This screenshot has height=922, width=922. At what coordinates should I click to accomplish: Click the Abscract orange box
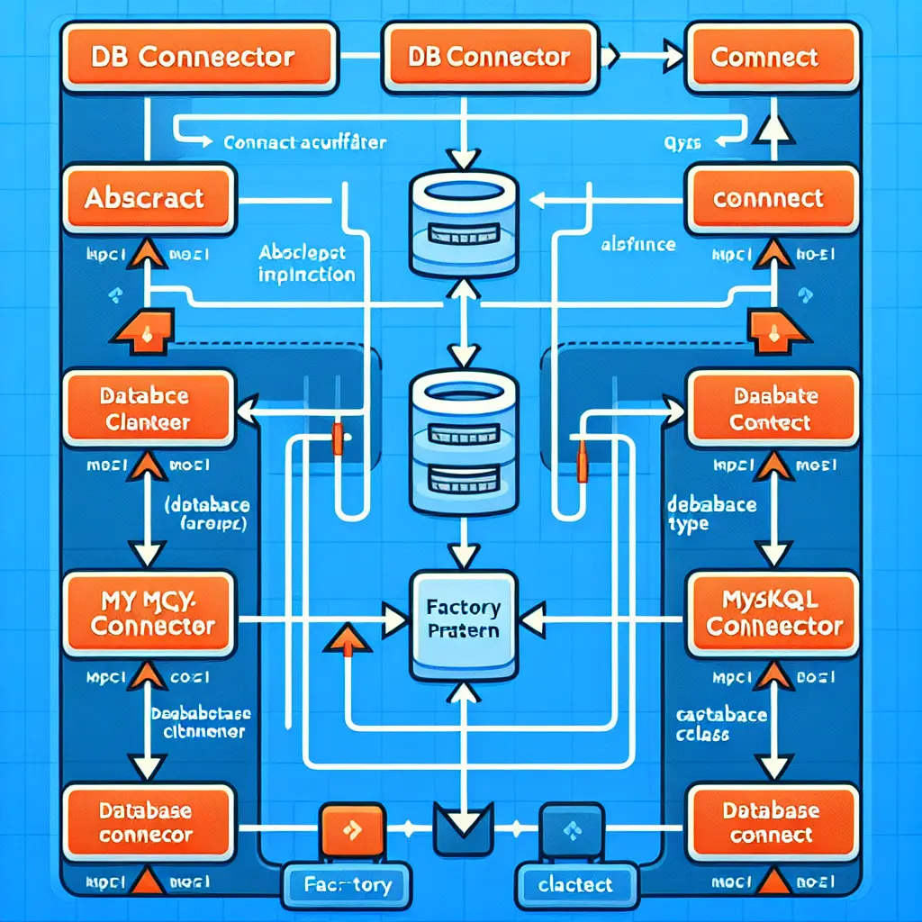point(144,197)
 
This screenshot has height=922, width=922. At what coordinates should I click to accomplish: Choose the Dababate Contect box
point(772,411)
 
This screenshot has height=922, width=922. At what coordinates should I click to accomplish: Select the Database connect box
point(772,823)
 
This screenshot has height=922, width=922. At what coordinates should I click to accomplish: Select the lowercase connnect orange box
point(767,197)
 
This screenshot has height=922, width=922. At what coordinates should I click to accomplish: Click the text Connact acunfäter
point(304,142)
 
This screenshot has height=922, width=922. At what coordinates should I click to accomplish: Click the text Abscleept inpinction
point(306,264)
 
